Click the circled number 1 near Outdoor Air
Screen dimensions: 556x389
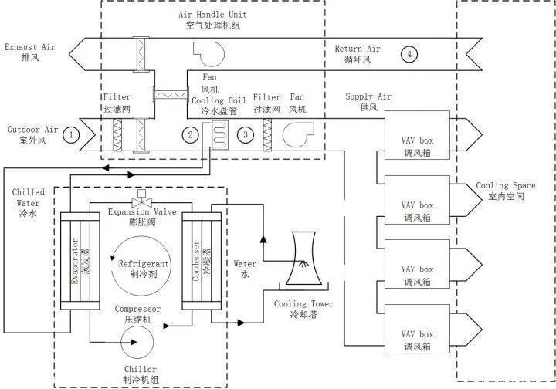pyautogui.click(x=71, y=135)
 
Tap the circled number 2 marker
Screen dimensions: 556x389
pyautogui.click(x=191, y=134)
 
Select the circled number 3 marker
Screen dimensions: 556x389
pyautogui.click(x=246, y=134)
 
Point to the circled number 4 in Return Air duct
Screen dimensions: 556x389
pyautogui.click(x=409, y=54)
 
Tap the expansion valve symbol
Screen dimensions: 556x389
pyautogui.click(x=142, y=199)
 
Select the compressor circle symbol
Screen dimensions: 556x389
pyautogui.click(x=137, y=342)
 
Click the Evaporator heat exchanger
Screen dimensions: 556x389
pyautogui.click(x=80, y=261)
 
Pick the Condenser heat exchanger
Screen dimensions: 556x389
pyautogui.click(x=202, y=261)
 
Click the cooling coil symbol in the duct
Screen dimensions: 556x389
pyautogui.click(x=220, y=134)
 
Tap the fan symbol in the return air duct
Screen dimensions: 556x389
pyautogui.click(x=208, y=54)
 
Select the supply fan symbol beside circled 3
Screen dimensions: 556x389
pyautogui.click(x=298, y=134)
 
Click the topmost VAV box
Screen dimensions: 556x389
pyautogui.click(x=417, y=135)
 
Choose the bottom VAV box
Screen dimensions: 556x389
pyautogui.click(x=417, y=329)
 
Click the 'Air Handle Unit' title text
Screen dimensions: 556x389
pyautogui.click(x=212, y=15)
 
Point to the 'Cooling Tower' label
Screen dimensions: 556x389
pyautogui.click(x=303, y=303)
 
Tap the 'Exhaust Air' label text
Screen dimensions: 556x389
pyautogui.click(x=30, y=47)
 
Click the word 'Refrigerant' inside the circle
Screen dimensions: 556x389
pyautogui.click(x=144, y=264)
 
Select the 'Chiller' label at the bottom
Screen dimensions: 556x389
pyautogui.click(x=141, y=369)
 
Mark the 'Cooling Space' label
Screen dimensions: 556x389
pyautogui.click(x=506, y=185)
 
